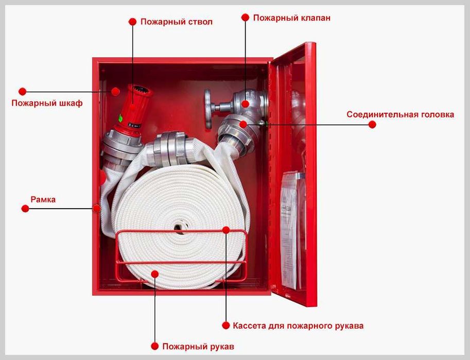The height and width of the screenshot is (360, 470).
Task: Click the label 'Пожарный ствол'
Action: click(x=176, y=22)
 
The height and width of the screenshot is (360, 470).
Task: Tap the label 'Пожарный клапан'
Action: click(x=292, y=18)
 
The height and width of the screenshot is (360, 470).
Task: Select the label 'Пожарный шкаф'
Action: click(x=47, y=103)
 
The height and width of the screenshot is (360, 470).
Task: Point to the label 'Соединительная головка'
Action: click(x=400, y=115)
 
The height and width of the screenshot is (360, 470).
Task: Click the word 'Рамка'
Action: click(x=43, y=199)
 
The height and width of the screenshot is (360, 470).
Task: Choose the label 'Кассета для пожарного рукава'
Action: click(x=298, y=326)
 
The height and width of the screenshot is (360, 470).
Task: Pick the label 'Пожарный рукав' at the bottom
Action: click(x=198, y=347)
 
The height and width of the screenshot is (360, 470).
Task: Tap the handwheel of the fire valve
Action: click(x=208, y=109)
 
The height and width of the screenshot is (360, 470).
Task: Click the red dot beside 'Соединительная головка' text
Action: click(x=372, y=125)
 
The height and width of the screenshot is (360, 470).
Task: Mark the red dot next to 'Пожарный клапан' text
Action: click(x=245, y=18)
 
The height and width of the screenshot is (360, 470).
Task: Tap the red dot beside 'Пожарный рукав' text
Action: click(x=154, y=346)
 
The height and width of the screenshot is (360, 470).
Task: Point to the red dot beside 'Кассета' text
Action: click(x=226, y=325)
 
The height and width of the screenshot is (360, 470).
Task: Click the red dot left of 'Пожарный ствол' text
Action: click(x=132, y=22)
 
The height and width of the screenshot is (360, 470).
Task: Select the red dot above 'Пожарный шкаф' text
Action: click(x=23, y=92)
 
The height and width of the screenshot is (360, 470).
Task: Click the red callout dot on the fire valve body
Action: click(x=245, y=104)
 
